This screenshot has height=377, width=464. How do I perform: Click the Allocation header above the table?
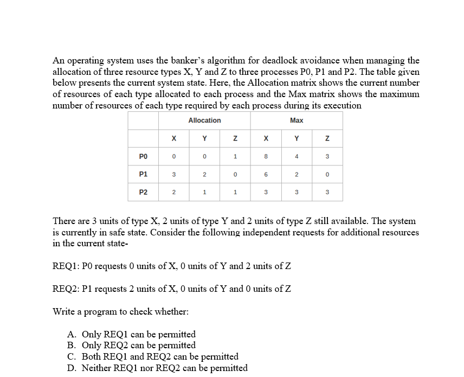pos(204,120)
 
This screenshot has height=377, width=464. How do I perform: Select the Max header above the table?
pos(297,120)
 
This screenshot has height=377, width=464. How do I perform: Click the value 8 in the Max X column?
pos(266,156)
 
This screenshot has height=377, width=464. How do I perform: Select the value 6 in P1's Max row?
pos(266,174)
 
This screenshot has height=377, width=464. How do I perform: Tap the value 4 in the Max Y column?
pos(297,156)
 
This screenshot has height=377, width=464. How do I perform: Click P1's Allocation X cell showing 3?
pos(173,174)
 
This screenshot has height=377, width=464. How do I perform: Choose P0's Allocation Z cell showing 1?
pos(235,156)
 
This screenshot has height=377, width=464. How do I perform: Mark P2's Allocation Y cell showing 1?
pos(204,191)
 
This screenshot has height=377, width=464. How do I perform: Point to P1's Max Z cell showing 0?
pos(327,174)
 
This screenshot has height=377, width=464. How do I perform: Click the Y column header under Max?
pos(297,138)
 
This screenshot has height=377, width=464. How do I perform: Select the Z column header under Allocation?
pos(235,138)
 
